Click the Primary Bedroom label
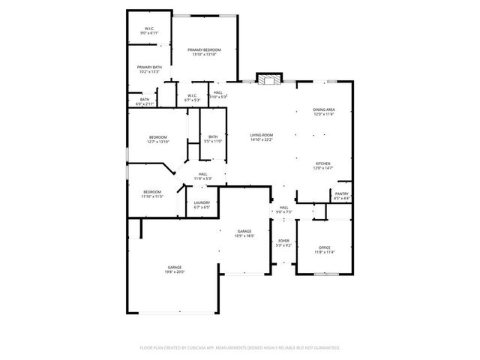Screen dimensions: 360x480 coord(204,49)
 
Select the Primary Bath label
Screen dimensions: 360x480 coord(149,67)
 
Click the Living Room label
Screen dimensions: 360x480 coord(262,135)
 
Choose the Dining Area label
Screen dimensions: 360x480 coord(324,110)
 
